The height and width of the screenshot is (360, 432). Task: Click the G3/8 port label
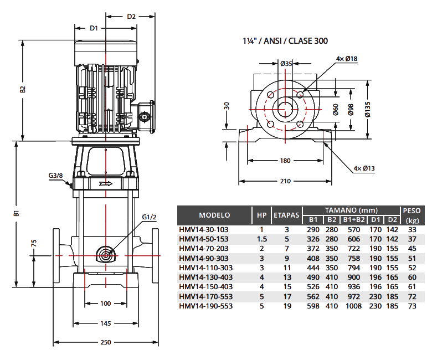pos(56,176)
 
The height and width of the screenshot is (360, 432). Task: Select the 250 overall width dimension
pos(105,342)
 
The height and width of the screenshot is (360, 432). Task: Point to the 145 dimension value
pos(105,323)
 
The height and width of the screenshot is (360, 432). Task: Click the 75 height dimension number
pos(34,244)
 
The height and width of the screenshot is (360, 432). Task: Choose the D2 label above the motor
pos(131,16)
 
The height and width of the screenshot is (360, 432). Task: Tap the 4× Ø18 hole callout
pos(347,59)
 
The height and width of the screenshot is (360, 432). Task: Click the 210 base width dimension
pos(285,181)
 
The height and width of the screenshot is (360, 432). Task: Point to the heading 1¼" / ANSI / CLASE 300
pos(285,41)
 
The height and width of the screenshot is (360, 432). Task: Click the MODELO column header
pos(214,215)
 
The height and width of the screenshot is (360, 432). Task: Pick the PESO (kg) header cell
pos(413,215)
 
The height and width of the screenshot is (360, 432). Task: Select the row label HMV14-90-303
pos(204,258)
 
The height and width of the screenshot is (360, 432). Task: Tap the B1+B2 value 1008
pos(352,306)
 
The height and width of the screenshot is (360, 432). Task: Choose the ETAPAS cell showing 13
pos(287,277)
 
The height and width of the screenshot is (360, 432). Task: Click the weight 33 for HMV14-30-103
pos(412,229)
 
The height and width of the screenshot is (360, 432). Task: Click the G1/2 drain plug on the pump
pos(105,254)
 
